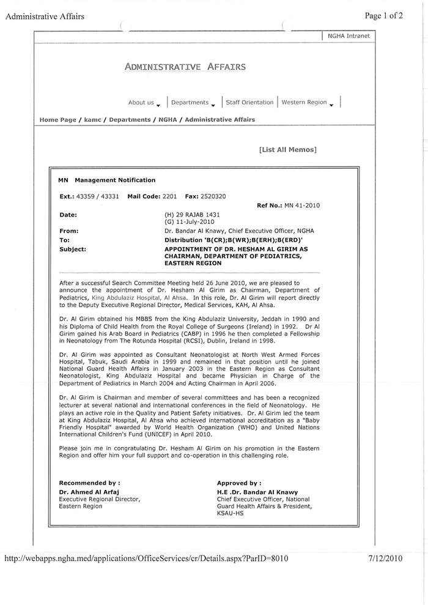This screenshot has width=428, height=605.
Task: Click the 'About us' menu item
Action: [141, 103]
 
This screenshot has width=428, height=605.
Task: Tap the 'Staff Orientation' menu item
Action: [249, 102]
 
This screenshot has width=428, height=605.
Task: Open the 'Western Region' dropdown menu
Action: [304, 102]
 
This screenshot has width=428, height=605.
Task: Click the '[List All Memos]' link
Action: [287, 149]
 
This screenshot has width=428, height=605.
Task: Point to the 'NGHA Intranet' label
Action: [349, 36]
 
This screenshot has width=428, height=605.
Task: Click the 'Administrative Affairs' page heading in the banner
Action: [185, 67]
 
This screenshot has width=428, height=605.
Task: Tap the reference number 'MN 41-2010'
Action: [301, 206]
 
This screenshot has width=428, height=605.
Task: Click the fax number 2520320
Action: [213, 196]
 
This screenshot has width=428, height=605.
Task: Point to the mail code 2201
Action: [169, 196]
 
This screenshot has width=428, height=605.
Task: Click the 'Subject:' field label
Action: [73, 250]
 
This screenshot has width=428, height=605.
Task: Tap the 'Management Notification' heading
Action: [115, 180]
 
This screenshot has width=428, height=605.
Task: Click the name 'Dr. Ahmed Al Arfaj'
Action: [89, 492]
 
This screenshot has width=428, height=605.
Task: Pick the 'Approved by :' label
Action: [239, 483]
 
